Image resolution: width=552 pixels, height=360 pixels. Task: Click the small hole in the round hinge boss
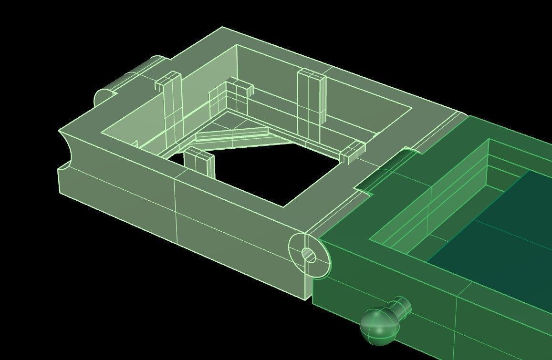309,256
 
